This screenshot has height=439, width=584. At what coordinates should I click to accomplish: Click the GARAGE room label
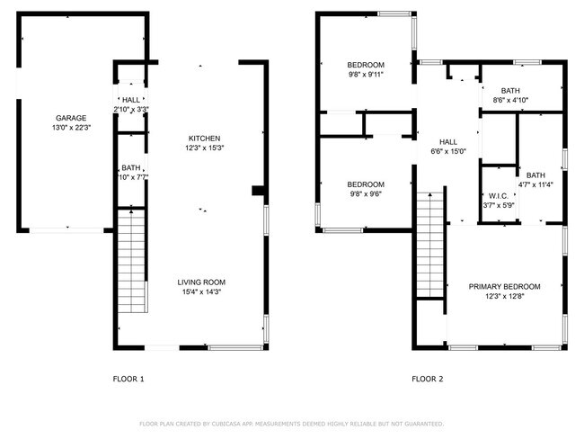pyautogui.click(x=71, y=118)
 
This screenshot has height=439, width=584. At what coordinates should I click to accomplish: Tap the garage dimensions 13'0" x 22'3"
pyautogui.click(x=71, y=128)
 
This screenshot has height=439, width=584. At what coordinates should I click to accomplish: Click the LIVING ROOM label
pyautogui.click(x=200, y=282)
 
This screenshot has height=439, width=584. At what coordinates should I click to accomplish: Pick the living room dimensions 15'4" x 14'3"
pyautogui.click(x=200, y=291)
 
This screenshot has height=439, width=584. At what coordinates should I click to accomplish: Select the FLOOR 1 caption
pyautogui.click(x=128, y=379)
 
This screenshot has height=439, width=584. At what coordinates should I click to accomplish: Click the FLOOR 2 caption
pyautogui.click(x=427, y=379)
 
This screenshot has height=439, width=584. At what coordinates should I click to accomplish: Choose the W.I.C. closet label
pyautogui.click(x=498, y=195)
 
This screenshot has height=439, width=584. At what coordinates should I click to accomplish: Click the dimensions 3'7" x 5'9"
pyautogui.click(x=498, y=205)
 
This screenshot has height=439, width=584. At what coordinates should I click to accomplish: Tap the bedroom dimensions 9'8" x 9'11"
pyautogui.click(x=366, y=75)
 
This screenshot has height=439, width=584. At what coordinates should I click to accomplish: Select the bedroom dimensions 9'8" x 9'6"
pyautogui.click(x=366, y=194)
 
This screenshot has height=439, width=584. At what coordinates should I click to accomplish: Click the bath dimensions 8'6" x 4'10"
pyautogui.click(x=510, y=101)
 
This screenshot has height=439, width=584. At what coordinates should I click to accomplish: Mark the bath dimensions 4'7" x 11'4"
pyautogui.click(x=535, y=185)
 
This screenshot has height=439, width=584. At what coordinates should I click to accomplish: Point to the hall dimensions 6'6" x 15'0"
pyautogui.click(x=447, y=152)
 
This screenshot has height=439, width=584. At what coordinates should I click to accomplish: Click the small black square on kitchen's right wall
pyautogui.click(x=258, y=190)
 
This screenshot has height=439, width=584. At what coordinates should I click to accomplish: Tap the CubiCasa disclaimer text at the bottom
pyautogui.click(x=291, y=424)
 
